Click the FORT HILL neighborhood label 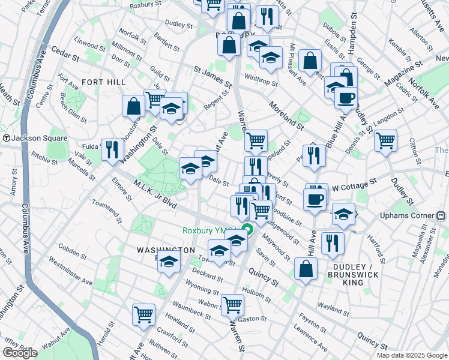tap(100, 82)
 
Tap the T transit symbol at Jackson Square tap(6, 138)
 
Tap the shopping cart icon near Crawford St tap(144, 314)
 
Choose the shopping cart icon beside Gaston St tap(232, 304)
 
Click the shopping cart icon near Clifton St tap(385, 140)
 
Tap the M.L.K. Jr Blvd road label tap(155, 194)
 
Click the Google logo tap(20, 353)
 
